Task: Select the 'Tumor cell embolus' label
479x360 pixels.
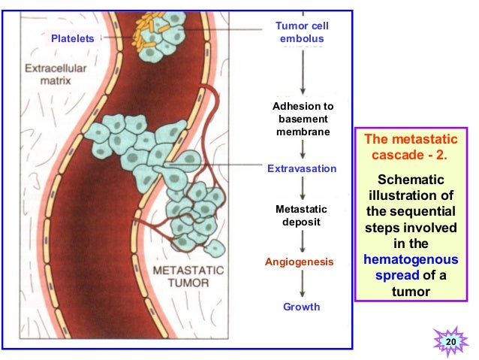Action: click(302, 32)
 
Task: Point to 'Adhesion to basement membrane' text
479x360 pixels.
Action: click(302, 119)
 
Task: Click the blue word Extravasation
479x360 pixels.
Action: click(302, 168)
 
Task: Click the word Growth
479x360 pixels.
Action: click(302, 307)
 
